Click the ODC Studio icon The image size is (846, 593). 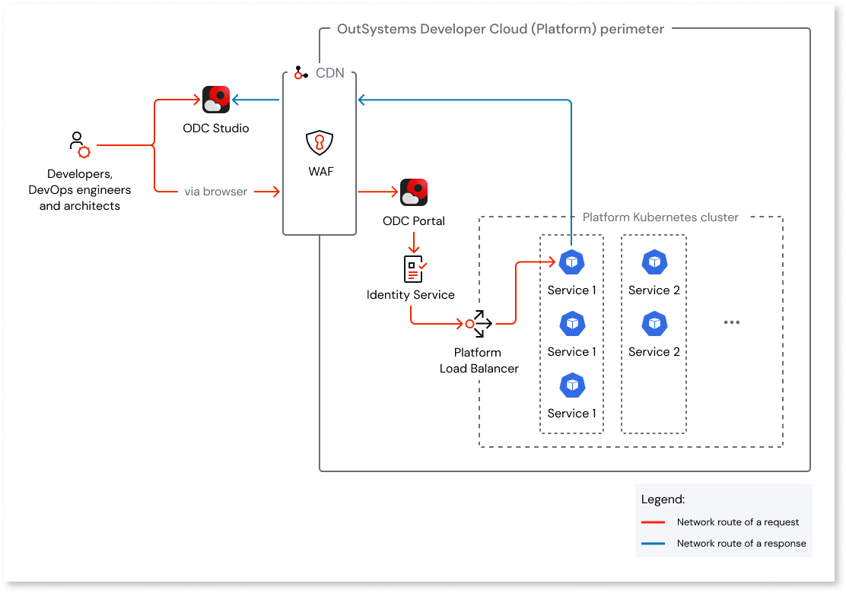tap(216, 100)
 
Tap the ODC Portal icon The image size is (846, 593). tap(414, 192)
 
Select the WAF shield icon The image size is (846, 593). tap(320, 143)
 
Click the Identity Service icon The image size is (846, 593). tap(414, 269)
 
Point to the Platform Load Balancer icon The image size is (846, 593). tap(479, 324)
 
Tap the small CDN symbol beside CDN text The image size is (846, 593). tap(301, 74)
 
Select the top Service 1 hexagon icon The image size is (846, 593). tap(571, 262)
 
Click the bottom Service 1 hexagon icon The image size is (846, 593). tap(571, 385)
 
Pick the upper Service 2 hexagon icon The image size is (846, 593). tap(654, 262)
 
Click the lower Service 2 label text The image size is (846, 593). tap(654, 352)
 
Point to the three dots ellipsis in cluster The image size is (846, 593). tap(732, 322)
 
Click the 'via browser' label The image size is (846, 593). tap(216, 192)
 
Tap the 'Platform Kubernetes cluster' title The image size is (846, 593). tap(660, 217)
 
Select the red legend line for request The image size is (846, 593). tap(654, 522)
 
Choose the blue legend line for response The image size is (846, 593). tap(654, 544)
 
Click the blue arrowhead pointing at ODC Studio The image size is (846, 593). tap(237, 100)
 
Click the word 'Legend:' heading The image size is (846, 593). tap(663, 499)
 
